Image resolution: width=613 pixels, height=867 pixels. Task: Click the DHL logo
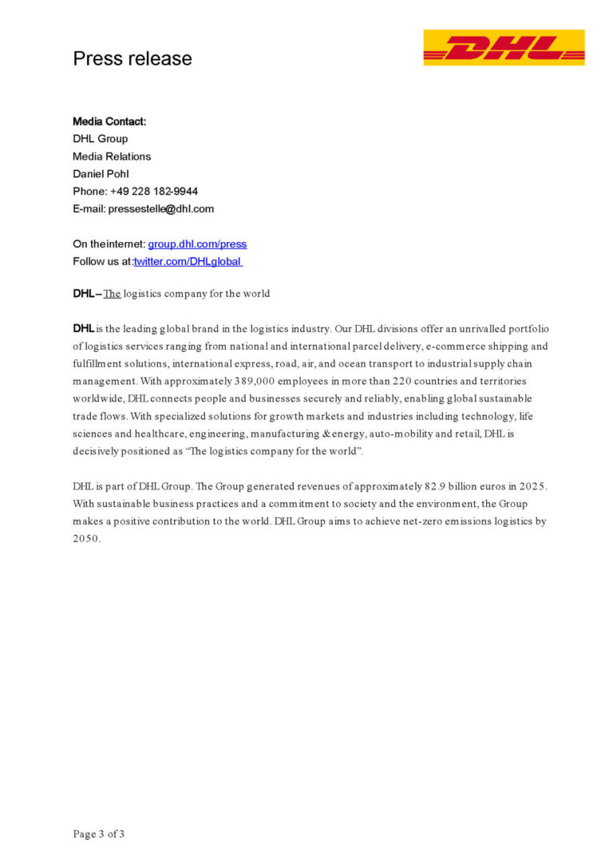(504, 47)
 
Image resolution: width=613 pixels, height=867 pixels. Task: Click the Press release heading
(132, 58)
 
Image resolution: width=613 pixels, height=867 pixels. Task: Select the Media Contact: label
(109, 121)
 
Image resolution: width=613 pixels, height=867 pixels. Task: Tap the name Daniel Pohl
(101, 174)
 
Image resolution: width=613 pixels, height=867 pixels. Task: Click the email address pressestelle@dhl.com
(161, 209)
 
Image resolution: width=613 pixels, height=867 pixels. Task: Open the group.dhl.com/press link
(197, 244)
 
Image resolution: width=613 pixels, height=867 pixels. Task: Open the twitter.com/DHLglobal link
(188, 262)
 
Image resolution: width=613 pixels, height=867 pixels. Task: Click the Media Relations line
(112, 156)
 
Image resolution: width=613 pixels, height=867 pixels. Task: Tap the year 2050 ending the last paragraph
(86, 538)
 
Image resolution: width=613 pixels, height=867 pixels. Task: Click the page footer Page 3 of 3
(99, 834)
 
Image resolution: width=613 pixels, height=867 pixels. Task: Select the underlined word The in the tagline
(112, 294)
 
